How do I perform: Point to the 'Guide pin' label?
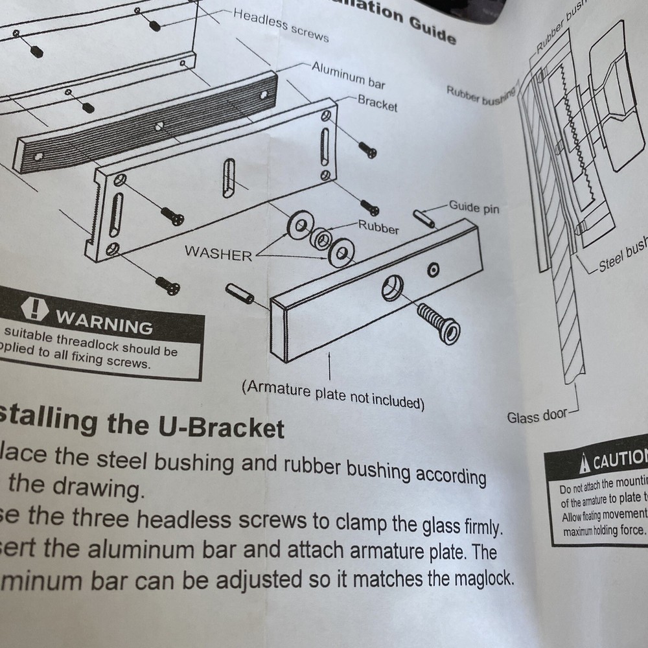click(474, 207)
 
